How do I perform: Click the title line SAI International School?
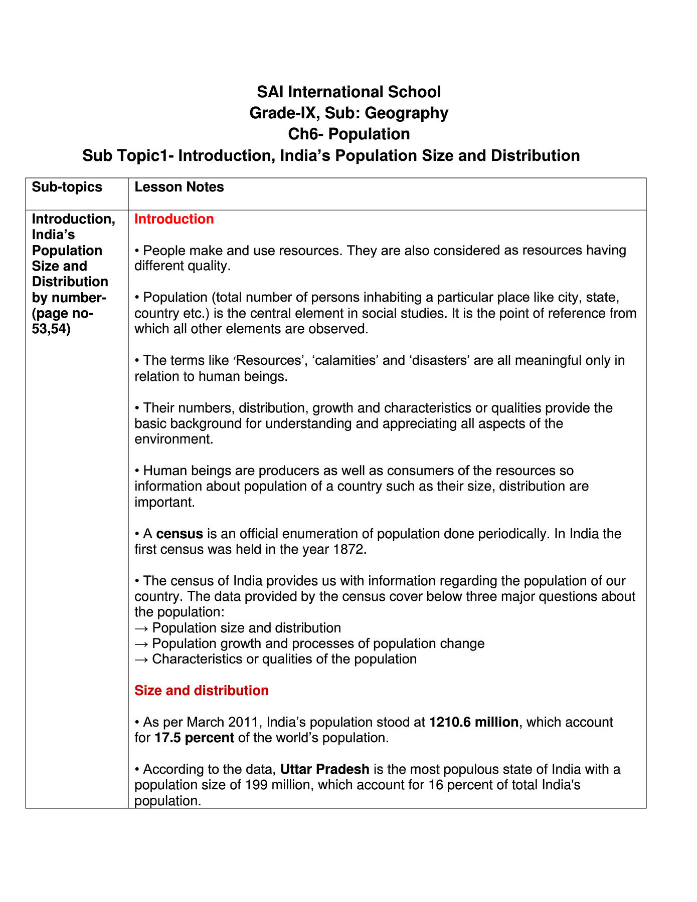(x=348, y=92)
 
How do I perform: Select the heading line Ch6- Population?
(x=348, y=134)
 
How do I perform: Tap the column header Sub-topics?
(x=67, y=187)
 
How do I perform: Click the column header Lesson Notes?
(x=179, y=187)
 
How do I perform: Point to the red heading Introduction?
(x=174, y=219)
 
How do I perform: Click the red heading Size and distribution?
(x=202, y=691)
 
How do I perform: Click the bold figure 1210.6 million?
(x=474, y=722)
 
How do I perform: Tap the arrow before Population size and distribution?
(x=141, y=628)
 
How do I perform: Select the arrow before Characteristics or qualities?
(x=141, y=659)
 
